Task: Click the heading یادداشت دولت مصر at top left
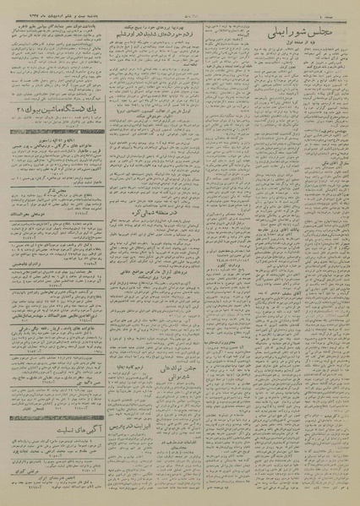(x=76, y=25)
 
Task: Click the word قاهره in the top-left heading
(x=20, y=25)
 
